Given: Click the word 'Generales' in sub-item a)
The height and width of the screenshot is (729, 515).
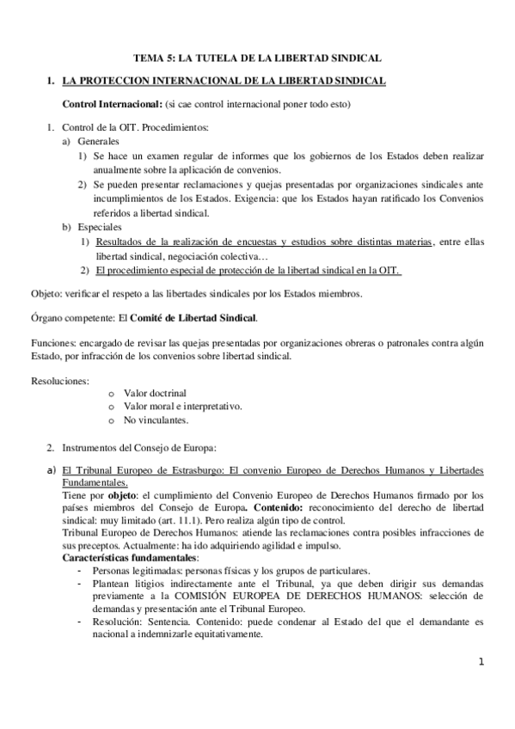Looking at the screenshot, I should pos(99,140).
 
